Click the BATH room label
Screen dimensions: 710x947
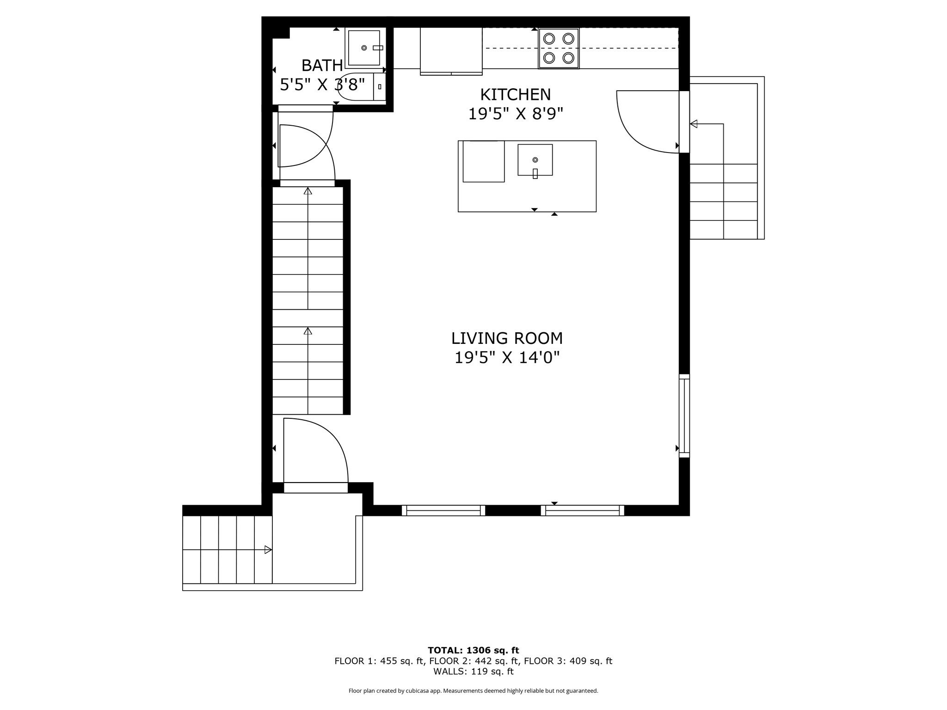click(x=322, y=66)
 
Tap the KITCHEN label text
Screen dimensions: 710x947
click(x=515, y=95)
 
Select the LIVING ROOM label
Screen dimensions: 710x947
click(x=507, y=338)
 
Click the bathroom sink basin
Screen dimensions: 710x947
click(x=364, y=48)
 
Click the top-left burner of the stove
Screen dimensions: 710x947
click(x=549, y=39)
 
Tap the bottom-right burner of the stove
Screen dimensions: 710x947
click(x=568, y=58)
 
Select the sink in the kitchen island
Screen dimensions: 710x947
click(x=535, y=160)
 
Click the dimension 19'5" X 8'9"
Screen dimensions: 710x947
click(x=516, y=114)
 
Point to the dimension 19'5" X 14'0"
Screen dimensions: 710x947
click(x=507, y=357)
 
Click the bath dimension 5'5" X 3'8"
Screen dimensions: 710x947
click(x=322, y=85)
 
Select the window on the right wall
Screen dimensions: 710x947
click(x=684, y=416)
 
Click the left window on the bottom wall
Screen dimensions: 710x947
click(x=443, y=510)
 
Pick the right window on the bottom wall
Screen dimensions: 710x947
click(x=582, y=510)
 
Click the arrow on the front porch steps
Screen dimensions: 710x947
click(x=267, y=550)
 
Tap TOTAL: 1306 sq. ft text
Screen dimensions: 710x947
click(x=473, y=650)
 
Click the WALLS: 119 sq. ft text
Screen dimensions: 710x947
click(x=473, y=672)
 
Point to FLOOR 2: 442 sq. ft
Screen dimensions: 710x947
click(x=473, y=661)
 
